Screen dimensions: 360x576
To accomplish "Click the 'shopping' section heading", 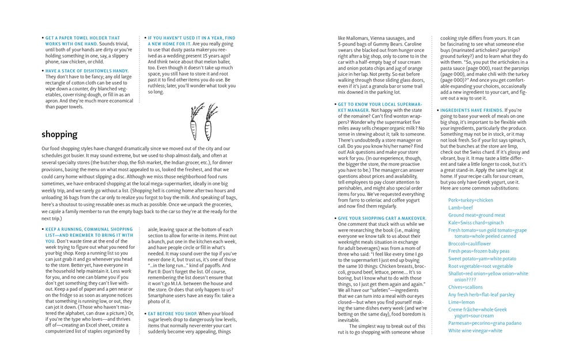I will pos(59,134).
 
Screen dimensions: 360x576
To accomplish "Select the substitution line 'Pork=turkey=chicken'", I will pos(471,200).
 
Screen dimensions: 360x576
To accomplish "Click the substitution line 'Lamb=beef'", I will pos(461,207).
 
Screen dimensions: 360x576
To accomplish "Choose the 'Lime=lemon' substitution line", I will pos(463,302).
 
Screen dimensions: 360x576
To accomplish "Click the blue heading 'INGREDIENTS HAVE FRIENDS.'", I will pos(471,109).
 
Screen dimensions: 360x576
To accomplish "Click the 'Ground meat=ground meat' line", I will pos(476,215).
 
